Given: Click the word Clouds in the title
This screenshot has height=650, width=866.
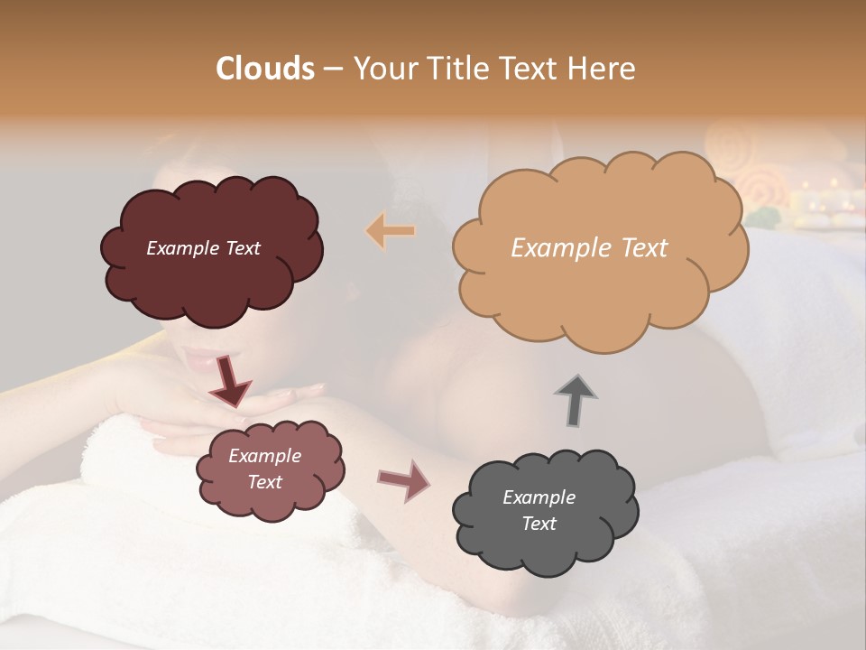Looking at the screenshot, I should tap(264, 69).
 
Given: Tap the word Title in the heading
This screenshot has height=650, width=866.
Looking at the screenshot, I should tap(456, 69).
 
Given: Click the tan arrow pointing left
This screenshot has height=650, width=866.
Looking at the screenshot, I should tap(391, 231).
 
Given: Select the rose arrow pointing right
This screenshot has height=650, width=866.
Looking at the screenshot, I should tap(404, 480).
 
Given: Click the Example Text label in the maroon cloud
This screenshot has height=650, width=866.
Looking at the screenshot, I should tap(203, 248).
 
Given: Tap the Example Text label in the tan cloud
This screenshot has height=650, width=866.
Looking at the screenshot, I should tap(589, 248).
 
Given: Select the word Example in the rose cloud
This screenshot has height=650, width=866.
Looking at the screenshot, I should tap(264, 456).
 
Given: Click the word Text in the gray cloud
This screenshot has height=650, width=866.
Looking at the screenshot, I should tap(539, 524).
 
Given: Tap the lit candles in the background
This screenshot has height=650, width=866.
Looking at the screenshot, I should tap(825, 203).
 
